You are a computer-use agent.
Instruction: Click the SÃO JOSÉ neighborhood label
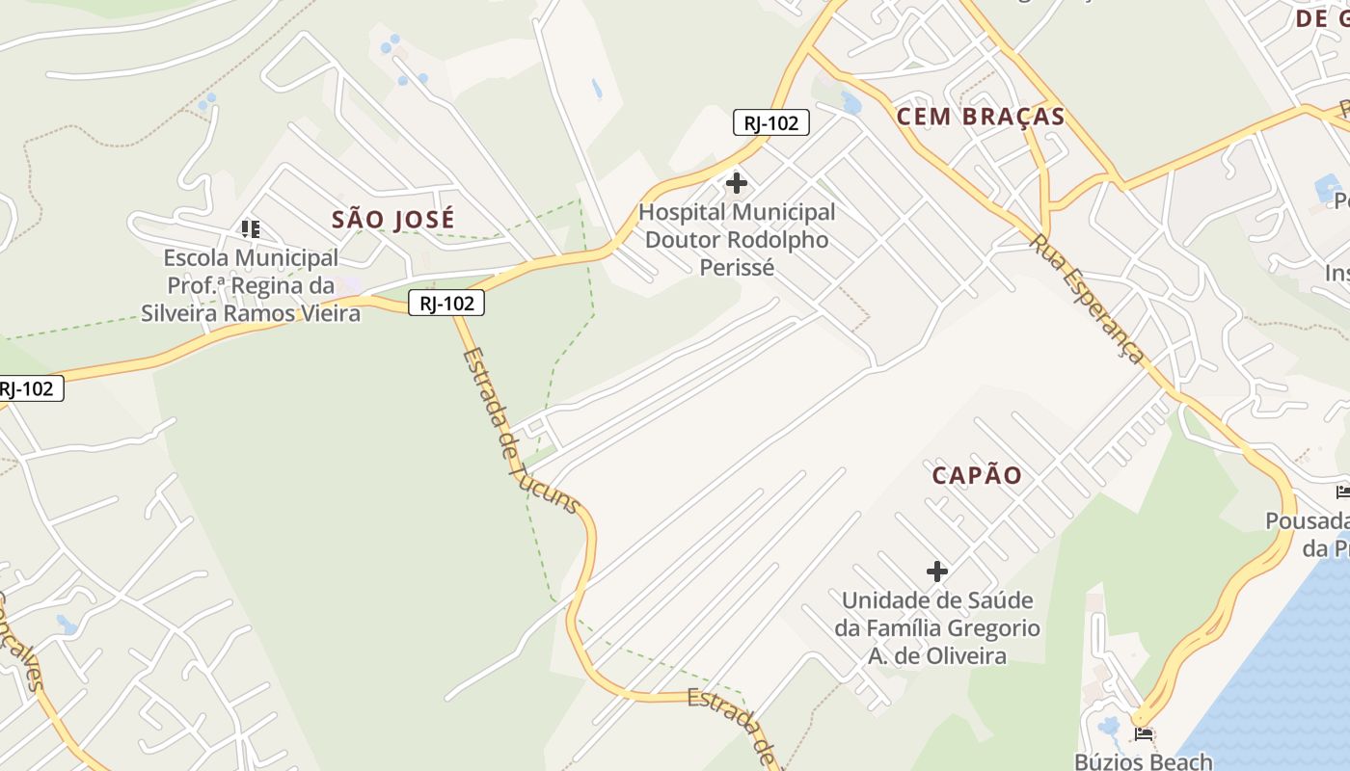click(392, 220)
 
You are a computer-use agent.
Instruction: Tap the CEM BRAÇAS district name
click(981, 118)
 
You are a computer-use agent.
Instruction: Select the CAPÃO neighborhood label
click(977, 475)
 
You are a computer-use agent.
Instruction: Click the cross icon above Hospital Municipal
click(737, 182)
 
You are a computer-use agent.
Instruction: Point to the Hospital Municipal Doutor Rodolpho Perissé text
click(737, 239)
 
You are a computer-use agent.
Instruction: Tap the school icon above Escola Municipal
click(251, 228)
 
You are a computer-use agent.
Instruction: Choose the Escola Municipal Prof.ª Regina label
click(251, 285)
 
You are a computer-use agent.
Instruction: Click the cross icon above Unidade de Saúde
click(936, 572)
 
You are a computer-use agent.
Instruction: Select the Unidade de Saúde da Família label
click(936, 628)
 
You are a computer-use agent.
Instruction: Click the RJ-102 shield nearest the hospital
click(770, 122)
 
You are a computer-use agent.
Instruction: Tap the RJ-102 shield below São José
click(445, 304)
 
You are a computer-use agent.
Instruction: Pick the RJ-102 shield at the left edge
click(29, 389)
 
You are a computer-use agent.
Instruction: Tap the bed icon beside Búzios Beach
click(1145, 734)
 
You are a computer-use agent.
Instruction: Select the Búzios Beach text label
click(1144, 760)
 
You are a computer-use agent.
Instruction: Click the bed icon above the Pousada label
click(1342, 492)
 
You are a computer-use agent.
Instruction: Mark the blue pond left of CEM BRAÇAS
click(850, 101)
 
